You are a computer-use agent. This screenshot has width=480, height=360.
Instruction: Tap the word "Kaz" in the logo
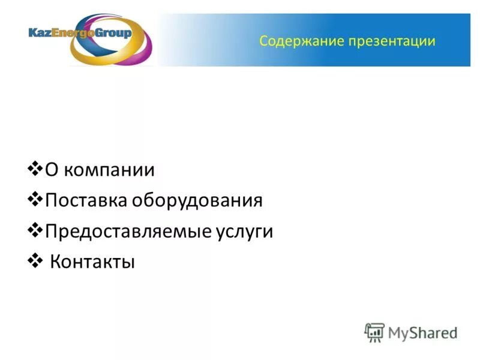click(39, 33)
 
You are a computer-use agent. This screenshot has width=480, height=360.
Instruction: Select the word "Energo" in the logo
click(72, 33)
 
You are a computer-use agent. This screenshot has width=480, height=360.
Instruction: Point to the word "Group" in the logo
click(113, 33)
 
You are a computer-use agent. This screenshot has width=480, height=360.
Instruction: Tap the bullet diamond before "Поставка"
click(35, 197)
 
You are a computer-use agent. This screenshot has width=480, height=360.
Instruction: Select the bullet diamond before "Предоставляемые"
click(35, 229)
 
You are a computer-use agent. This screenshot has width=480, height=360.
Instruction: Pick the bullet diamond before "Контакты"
click(35, 260)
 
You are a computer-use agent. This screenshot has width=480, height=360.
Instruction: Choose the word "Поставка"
click(85, 200)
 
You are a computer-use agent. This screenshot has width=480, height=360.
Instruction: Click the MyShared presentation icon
click(375, 332)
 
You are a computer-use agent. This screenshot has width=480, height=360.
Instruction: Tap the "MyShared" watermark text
click(422, 332)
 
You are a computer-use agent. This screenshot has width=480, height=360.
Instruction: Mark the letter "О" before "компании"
click(52, 170)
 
